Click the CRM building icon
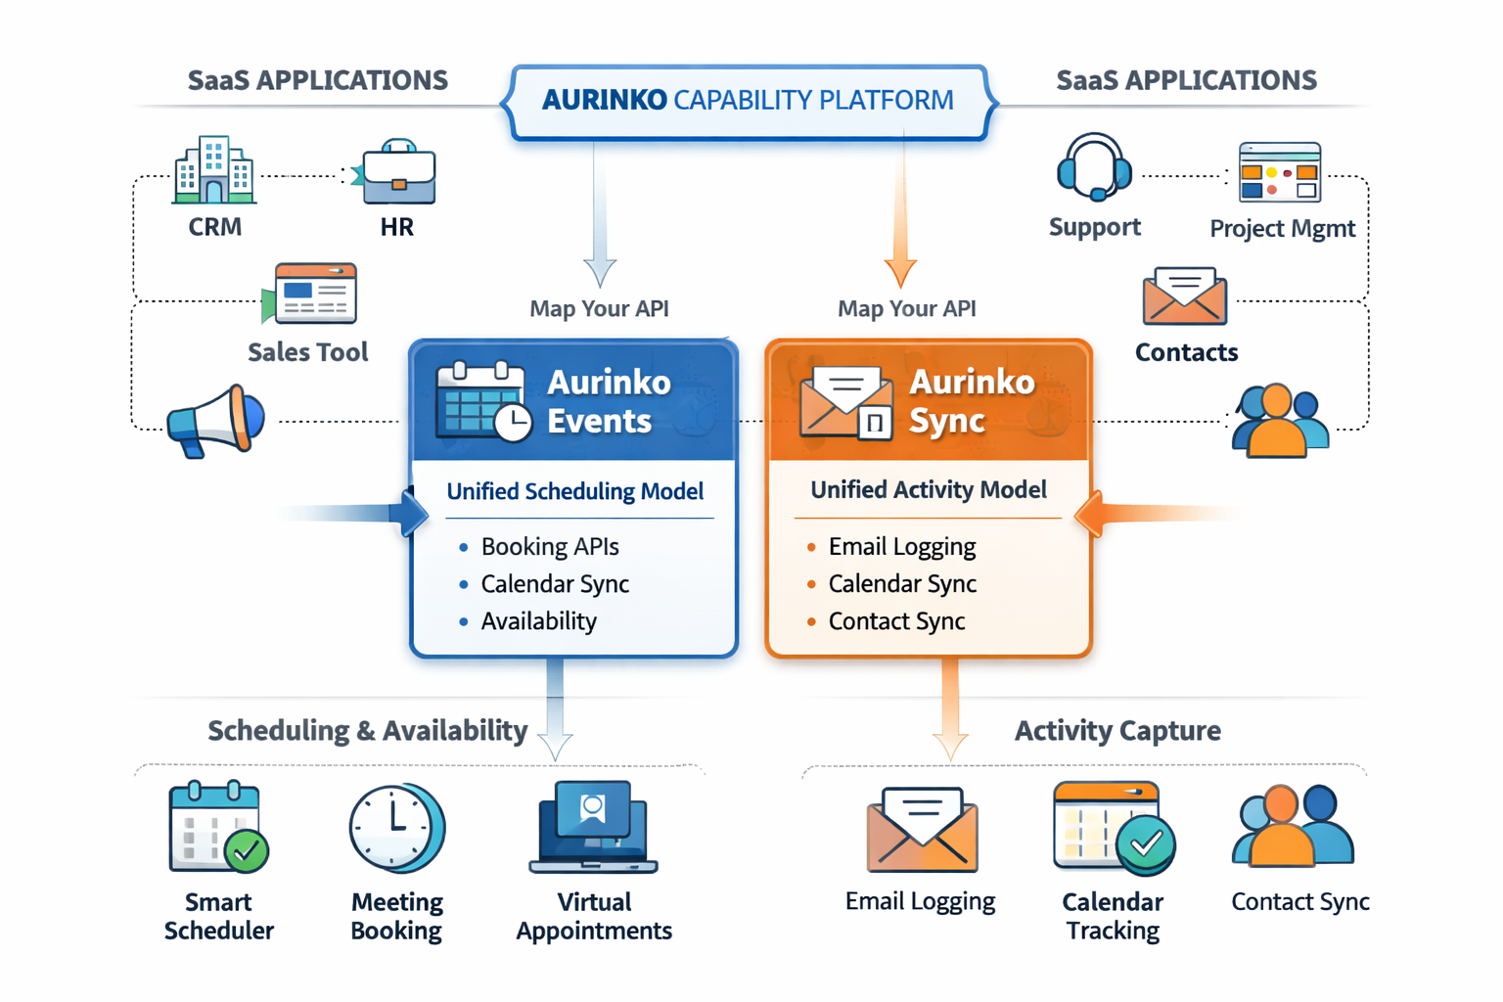coord(214,171)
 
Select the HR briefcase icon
coord(397,173)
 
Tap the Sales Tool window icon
coord(313,293)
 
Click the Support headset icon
coord(1094,168)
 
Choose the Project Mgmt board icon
coord(1279,172)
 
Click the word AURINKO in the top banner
coord(604,100)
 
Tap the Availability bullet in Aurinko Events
coord(538,621)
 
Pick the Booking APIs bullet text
coord(549,546)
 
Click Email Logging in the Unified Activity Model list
coord(901,546)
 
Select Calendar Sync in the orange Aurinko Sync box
coord(901,584)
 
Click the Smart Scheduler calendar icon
coord(217,827)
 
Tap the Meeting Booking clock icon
coord(396,828)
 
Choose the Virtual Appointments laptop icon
coord(593,828)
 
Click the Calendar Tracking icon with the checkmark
coord(1113,828)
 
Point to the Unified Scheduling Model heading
coord(574,491)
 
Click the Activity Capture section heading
coord(1116,731)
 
